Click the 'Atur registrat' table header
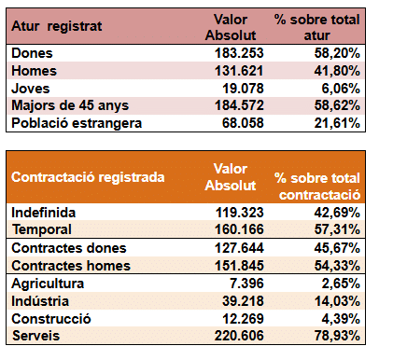pos(57,26)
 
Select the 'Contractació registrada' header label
pos(88,177)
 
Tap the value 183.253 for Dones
pos(239,53)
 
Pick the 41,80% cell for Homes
pos(337,71)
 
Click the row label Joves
pos(31,89)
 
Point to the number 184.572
pos(239,105)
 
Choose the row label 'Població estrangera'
pos(77,123)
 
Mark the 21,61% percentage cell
pos(337,123)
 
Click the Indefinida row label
pos(44,213)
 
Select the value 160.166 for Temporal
pos(239,229)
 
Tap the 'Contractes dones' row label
pos(69,248)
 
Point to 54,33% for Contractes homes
pos(337,266)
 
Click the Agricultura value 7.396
pos(246,284)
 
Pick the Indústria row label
pos(40,301)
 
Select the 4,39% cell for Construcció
pos(341,319)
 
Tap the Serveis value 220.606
pos(239,336)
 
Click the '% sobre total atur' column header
pos(316,27)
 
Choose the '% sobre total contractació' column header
pos(317,187)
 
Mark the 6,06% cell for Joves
pos(341,89)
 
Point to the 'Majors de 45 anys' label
pos(70,105)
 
